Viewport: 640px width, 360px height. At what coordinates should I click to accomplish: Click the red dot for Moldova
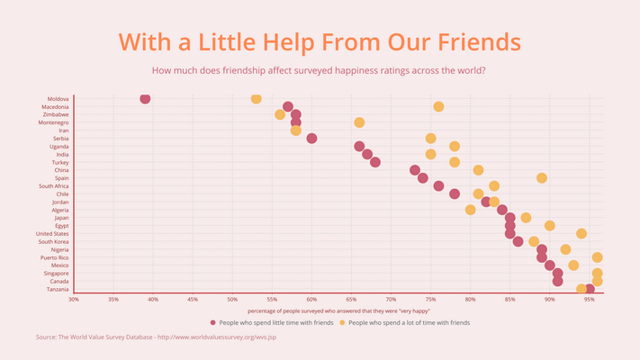(145, 99)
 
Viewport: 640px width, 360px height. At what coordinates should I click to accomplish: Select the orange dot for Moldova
(256, 99)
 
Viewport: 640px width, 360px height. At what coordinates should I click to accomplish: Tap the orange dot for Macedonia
(438, 106)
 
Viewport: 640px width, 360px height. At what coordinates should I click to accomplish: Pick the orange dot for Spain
(542, 178)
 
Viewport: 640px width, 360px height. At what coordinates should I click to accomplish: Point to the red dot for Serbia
(311, 139)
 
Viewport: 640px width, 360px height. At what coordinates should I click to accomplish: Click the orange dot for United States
(581, 233)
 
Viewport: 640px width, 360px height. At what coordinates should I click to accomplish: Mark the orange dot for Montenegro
(359, 122)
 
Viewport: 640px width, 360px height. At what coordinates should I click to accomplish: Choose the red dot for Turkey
(375, 162)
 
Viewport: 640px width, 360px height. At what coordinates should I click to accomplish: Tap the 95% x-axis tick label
(590, 299)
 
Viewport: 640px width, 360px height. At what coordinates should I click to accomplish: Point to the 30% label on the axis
(74, 299)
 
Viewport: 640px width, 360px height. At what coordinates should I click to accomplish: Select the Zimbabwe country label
(56, 114)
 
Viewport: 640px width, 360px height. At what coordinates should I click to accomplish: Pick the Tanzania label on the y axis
(57, 289)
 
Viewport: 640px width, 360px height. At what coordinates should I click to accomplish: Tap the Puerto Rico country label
(55, 257)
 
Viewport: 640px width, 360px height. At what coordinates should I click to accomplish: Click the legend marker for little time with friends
(213, 321)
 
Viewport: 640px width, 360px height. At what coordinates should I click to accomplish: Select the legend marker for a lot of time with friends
(342, 321)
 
